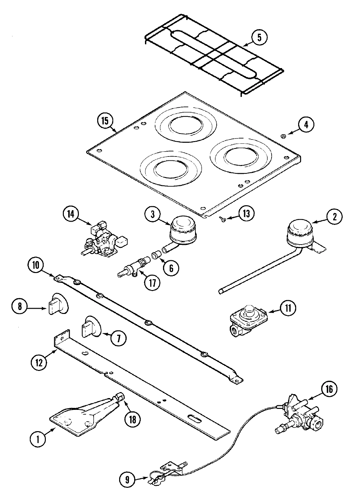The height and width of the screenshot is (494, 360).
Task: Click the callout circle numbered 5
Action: [x=259, y=37]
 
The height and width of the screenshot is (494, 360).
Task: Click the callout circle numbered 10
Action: [x=36, y=265]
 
